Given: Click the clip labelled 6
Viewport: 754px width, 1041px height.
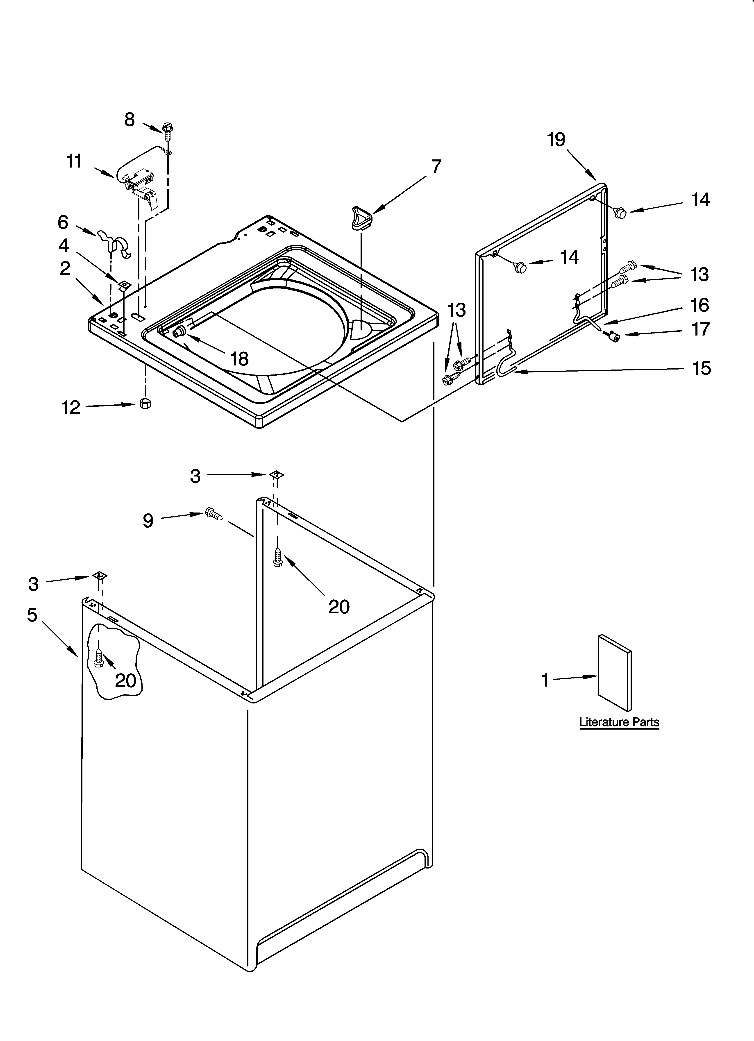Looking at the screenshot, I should click(115, 242).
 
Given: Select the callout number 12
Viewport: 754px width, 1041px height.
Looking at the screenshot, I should click(71, 407).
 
